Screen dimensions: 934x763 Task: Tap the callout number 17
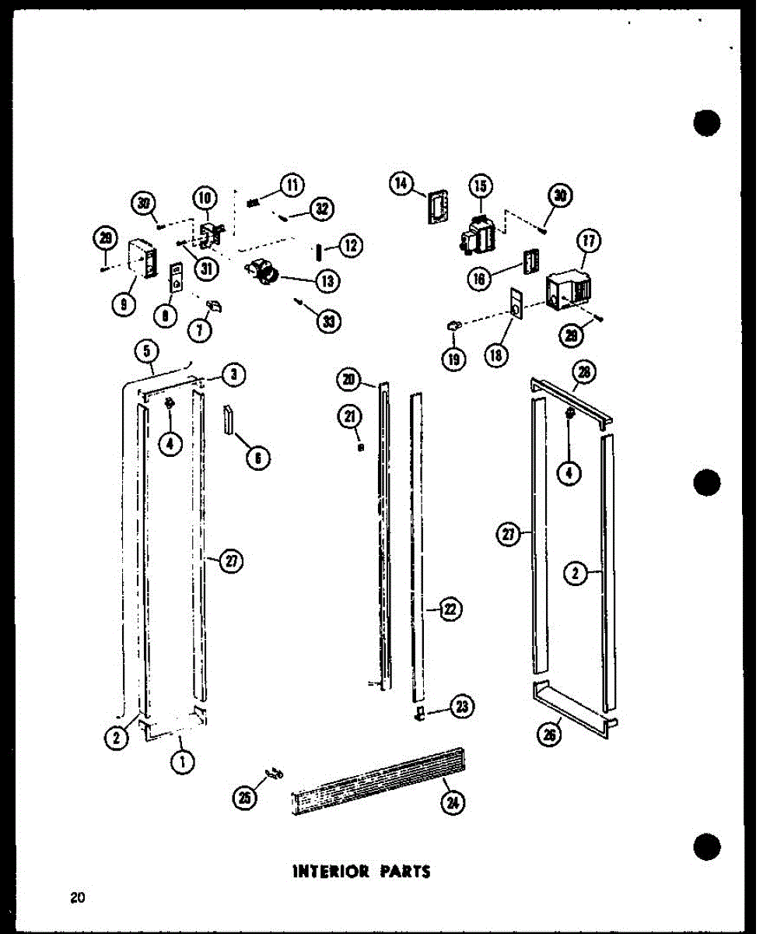pos(589,241)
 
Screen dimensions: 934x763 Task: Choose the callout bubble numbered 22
pos(450,610)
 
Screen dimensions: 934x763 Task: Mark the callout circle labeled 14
pos(401,184)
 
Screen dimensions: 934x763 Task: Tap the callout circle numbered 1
pos(182,764)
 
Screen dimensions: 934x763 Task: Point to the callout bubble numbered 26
pos(550,734)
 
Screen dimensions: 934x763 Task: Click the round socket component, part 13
pos(266,272)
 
